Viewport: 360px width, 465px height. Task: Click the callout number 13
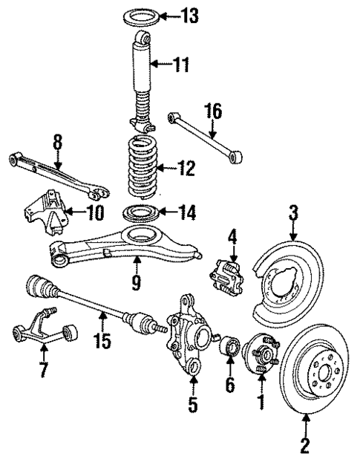[192, 15]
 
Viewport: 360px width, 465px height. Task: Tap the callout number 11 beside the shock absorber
[180, 65]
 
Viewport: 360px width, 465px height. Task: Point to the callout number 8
[56, 140]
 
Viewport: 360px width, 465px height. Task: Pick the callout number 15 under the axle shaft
[103, 341]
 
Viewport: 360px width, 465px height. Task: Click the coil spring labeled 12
[140, 172]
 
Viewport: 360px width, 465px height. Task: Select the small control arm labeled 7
[42, 335]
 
